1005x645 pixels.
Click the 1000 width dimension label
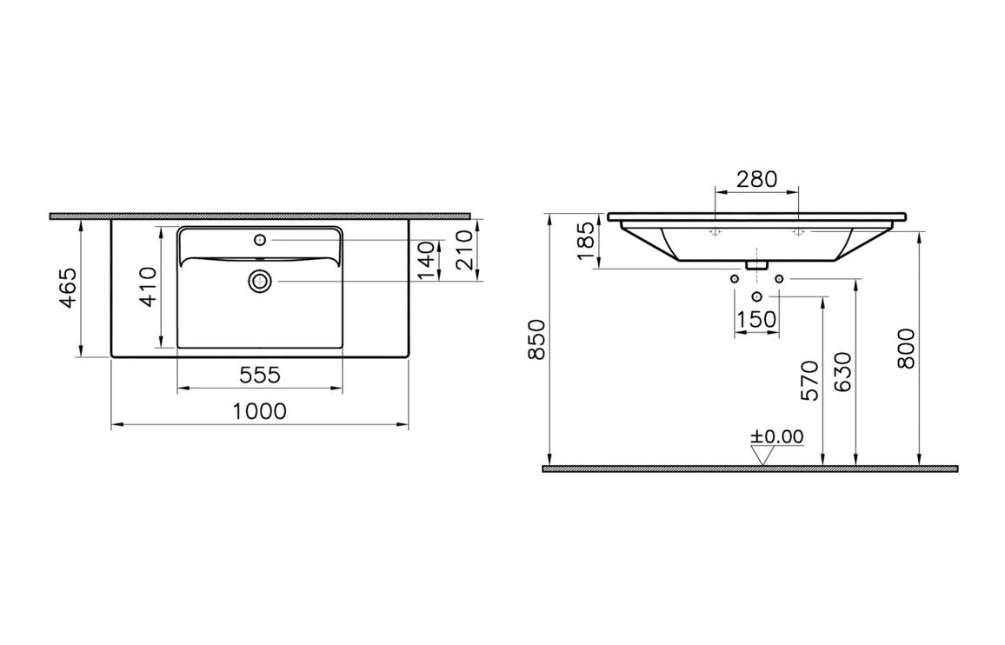260,411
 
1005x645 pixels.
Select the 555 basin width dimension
260,375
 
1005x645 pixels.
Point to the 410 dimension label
148,287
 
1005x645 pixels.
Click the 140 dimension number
425,260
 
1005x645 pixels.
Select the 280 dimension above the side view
756,179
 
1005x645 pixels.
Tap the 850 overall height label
536,340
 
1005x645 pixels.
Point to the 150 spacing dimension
756,319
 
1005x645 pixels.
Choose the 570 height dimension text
809,380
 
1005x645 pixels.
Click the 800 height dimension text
906,348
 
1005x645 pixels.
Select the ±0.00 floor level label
778,436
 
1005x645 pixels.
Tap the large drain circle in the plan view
260,280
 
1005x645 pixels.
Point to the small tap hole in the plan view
260,239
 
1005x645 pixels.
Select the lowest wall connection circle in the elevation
756,296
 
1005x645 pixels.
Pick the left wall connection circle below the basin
735,278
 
